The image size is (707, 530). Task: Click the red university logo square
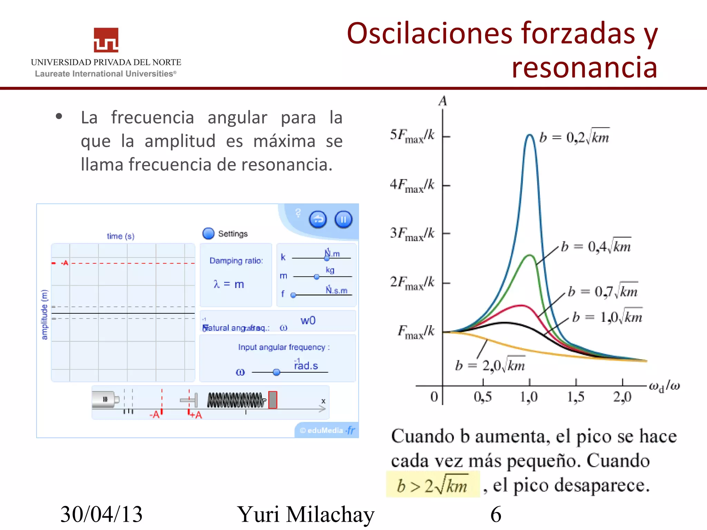click(106, 40)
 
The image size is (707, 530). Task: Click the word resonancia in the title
click(584, 67)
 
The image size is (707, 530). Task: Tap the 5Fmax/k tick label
click(412, 136)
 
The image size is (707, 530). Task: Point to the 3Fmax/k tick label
click(412, 234)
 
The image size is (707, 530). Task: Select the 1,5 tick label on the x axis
click(575, 397)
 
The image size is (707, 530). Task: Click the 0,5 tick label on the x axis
click(483, 397)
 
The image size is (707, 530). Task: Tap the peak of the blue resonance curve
click(530, 135)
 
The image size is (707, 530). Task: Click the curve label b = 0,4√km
click(596, 246)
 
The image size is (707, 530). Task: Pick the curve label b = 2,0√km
click(490, 365)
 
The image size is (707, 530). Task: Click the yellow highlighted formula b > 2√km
click(433, 485)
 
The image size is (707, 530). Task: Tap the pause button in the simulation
click(343, 219)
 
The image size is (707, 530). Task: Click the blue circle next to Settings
click(209, 234)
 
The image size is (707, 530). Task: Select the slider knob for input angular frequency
click(276, 372)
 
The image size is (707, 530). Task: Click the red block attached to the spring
click(273, 400)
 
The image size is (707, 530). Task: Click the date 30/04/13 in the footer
click(101, 514)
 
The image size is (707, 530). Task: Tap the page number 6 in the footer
click(496, 514)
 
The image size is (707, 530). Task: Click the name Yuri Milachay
click(306, 514)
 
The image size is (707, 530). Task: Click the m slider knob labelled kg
click(317, 277)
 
